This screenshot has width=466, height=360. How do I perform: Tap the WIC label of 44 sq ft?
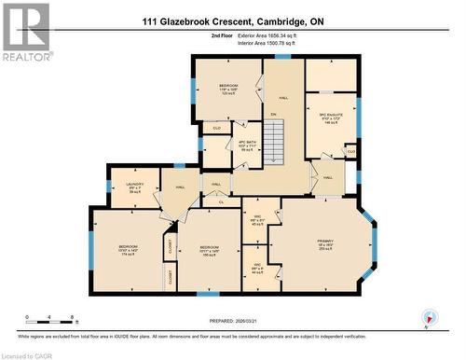(x=258, y=269)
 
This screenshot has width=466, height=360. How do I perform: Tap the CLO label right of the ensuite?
(x=350, y=150)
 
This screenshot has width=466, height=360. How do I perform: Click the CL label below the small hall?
(x=221, y=201)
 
